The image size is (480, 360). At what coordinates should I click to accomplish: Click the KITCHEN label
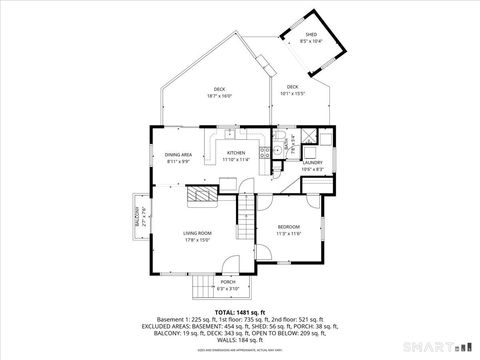pyautogui.click(x=236, y=153)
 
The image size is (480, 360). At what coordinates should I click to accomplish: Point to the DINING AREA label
pyautogui.click(x=178, y=155)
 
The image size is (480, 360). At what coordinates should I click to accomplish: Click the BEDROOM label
pyautogui.click(x=288, y=227)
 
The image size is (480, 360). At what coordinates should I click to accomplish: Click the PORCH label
pyautogui.click(x=228, y=282)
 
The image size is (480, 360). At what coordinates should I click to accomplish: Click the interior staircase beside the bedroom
pyautogui.click(x=247, y=210)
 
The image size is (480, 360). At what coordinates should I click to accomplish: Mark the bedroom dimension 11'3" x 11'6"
pyautogui.click(x=288, y=233)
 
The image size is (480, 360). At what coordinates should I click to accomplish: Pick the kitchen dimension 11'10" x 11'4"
pyautogui.click(x=236, y=159)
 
